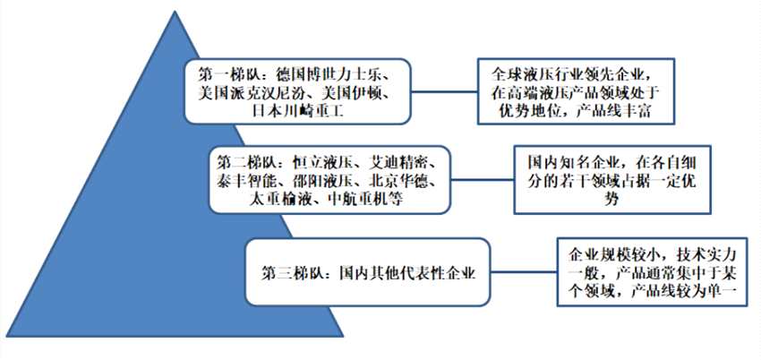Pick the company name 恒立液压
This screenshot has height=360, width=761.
321,162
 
